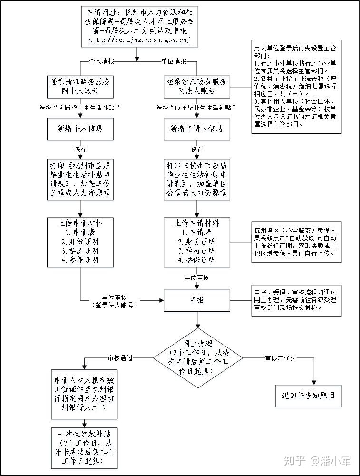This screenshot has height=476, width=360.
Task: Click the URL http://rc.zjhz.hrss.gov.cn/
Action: [x=139, y=40]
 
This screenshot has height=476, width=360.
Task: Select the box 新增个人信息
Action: [x=80, y=129]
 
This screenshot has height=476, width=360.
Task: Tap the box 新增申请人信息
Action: [x=197, y=129]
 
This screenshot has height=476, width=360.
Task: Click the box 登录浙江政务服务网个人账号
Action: [x=80, y=87]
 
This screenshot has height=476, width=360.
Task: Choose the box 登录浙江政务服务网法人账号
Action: [x=197, y=87]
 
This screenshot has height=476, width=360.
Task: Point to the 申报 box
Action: [x=197, y=300]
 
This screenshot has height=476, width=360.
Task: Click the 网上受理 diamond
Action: [x=198, y=358]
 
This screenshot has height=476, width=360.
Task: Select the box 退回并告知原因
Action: [x=308, y=396]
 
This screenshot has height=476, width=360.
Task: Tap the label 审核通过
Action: [x=120, y=358]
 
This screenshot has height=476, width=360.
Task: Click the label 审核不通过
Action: [x=281, y=358]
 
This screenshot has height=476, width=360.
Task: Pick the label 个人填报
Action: [x=102, y=61]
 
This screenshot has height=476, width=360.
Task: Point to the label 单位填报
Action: [x=174, y=61]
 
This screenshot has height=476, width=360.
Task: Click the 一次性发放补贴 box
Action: [x=84, y=448]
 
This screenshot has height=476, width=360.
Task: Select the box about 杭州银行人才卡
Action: [x=84, y=394]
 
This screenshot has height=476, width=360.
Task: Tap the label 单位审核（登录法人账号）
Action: [x=114, y=301]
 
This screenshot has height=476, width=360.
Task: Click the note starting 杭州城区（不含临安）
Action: [x=296, y=242]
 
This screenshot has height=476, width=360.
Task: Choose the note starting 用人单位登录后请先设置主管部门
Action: [x=296, y=87]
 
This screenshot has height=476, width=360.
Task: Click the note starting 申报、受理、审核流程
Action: [x=296, y=300]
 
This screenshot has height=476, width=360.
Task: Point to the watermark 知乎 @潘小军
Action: [x=317, y=461]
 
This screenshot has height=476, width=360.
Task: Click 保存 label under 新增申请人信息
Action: [x=197, y=149]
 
